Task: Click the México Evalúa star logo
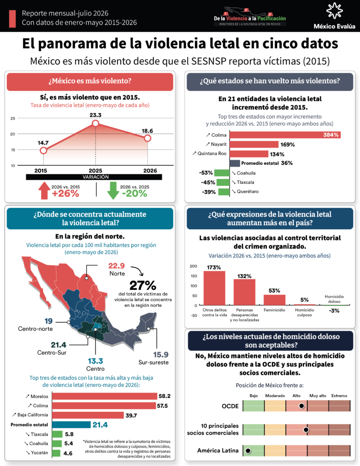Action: (335, 11)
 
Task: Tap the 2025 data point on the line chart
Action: (96, 123)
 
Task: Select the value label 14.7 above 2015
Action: (43, 142)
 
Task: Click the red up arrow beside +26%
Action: (44, 190)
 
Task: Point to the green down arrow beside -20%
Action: (113, 190)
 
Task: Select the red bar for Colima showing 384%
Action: (285, 135)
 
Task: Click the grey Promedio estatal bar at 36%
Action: (234, 163)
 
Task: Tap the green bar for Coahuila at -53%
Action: (222, 173)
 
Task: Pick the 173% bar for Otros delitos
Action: (214, 288)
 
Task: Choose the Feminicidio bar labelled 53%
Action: (274, 300)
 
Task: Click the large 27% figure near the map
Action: (143, 286)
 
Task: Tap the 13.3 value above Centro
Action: (96, 361)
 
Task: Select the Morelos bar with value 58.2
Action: (105, 396)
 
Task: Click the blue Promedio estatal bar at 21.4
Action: (71, 425)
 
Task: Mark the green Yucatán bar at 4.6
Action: (56, 453)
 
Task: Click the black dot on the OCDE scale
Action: (301, 405)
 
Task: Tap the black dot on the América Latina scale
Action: (248, 451)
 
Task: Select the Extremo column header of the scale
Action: (339, 395)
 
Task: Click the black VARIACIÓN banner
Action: (94, 177)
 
